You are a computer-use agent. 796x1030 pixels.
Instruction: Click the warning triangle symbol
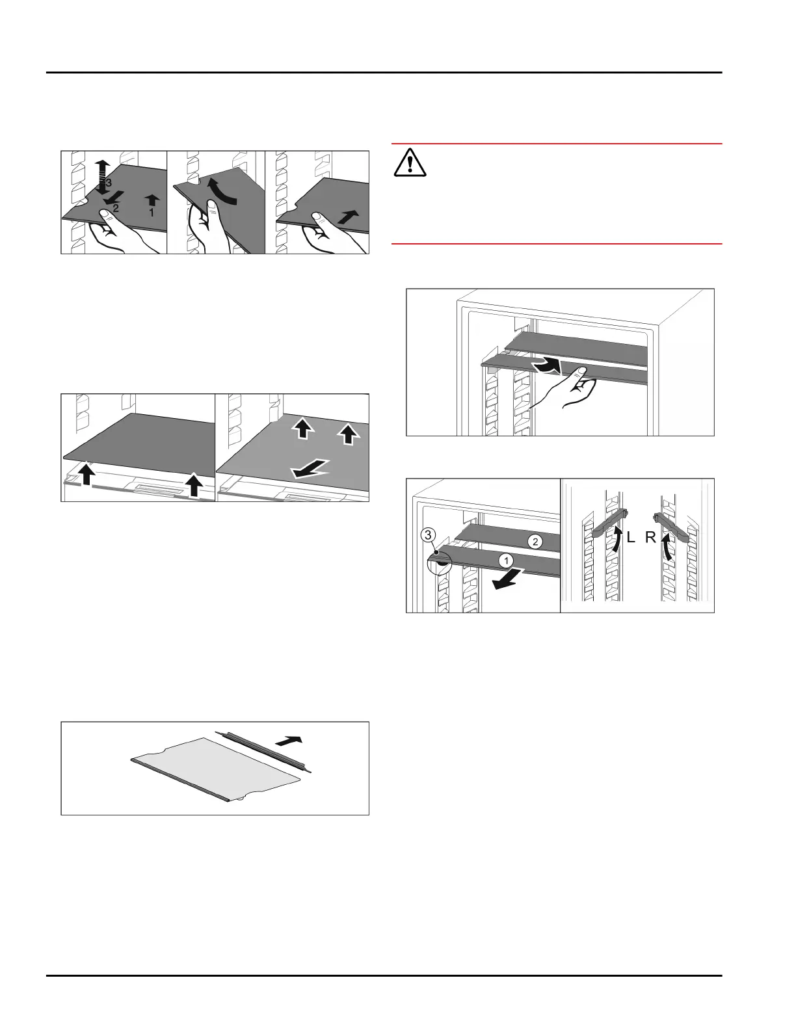tap(410, 163)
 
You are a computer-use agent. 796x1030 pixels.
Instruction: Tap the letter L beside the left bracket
tap(631, 537)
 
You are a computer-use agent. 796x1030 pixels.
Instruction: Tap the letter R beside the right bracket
tap(650, 537)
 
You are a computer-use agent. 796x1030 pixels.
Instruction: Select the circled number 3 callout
tap(428, 535)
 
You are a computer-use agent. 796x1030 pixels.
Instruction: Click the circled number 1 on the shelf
tap(507, 561)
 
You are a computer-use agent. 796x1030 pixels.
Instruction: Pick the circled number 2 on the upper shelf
tap(535, 542)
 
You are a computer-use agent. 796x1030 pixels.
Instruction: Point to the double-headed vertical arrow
tap(102, 177)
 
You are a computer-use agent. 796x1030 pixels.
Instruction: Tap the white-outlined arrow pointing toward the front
tap(310, 469)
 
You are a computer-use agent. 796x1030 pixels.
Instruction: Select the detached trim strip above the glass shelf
tap(263, 752)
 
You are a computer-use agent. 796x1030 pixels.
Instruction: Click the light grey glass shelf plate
tap(216, 769)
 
